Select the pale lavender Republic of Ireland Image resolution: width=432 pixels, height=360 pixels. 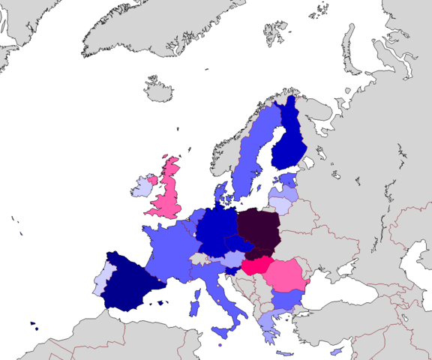pos(141,187)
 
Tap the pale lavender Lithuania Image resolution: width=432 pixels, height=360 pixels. pos(280,203)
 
